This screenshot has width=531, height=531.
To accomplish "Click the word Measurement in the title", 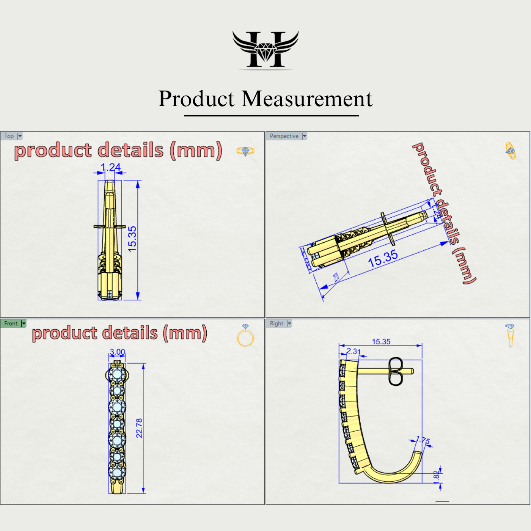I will click(x=307, y=99).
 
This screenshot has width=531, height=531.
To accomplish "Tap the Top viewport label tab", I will click(x=9, y=136).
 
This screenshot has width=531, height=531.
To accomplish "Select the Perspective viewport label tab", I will click(x=284, y=136).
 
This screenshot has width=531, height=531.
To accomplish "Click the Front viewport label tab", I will click(x=11, y=324).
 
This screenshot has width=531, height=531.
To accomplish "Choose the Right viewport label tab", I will click(x=276, y=324).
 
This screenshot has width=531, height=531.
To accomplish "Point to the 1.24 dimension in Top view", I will click(x=110, y=167).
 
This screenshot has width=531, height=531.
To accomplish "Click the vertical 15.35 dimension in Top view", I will click(x=132, y=239).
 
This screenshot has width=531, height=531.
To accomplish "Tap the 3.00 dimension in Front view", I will click(x=117, y=352).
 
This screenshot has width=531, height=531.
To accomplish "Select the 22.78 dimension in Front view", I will click(x=139, y=428).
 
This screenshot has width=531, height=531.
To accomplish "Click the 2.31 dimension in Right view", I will click(x=353, y=351).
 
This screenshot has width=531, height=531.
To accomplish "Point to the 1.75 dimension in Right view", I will click(x=423, y=441).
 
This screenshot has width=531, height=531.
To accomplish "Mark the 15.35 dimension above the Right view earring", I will click(x=381, y=342).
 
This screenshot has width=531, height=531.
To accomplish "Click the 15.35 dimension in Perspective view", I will click(x=383, y=259).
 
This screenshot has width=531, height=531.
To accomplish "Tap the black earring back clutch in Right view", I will click(x=396, y=371).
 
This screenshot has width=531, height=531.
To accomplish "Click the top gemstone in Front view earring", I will click(x=117, y=374).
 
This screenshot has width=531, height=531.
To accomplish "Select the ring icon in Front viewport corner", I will click(x=245, y=336).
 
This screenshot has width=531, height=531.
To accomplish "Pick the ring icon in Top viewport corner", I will click(x=245, y=151).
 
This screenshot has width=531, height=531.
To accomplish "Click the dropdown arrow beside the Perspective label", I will click(x=304, y=136).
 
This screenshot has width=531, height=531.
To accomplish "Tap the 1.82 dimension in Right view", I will click(x=436, y=476).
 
